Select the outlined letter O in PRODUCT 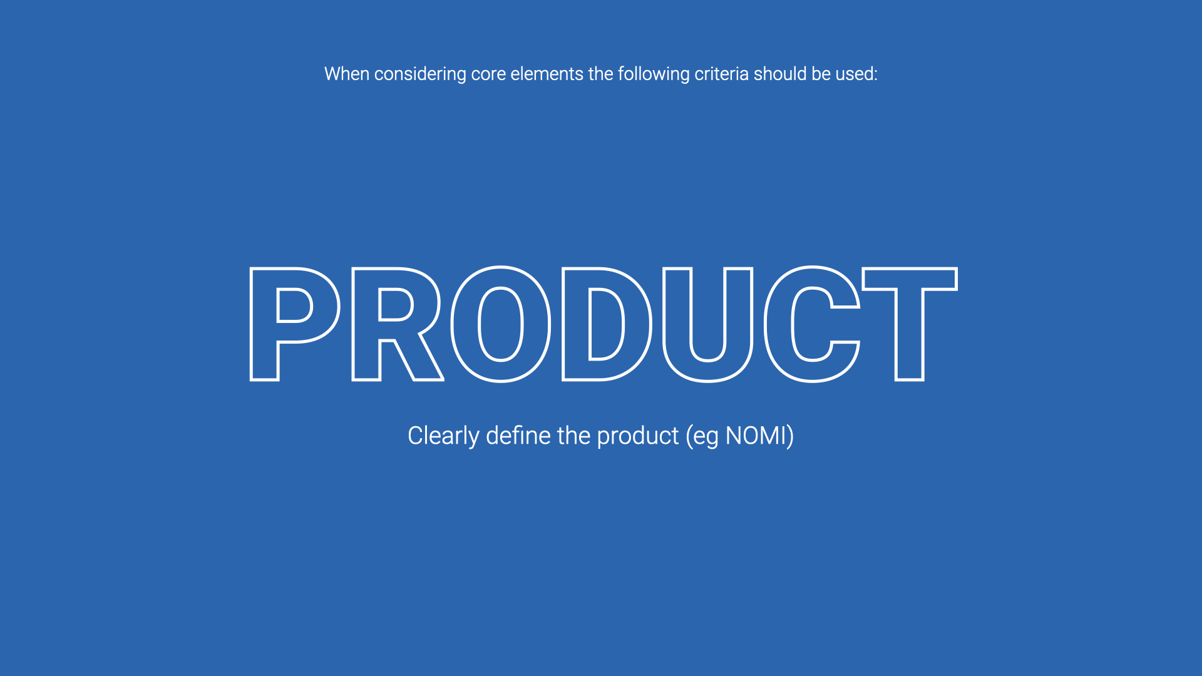pyautogui.click(x=463, y=324)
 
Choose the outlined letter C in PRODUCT pyautogui.click(x=778, y=324)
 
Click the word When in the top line pyautogui.click(x=347, y=74)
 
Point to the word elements pyautogui.click(x=547, y=74)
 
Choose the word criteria pyautogui.click(x=722, y=74)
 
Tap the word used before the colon pyautogui.click(x=856, y=74)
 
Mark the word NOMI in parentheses pyautogui.click(x=756, y=436)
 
